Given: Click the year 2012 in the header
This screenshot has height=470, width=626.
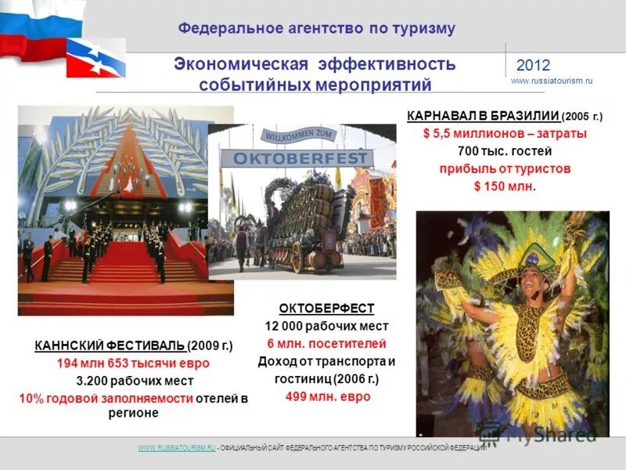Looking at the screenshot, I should [x=534, y=66].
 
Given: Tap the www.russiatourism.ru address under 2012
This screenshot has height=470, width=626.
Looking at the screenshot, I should [x=552, y=81].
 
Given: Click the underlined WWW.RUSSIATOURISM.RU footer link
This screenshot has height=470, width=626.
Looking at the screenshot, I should [x=176, y=447].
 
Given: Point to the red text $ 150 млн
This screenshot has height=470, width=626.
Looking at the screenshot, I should [x=504, y=186].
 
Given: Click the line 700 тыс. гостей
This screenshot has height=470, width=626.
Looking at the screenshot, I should [x=505, y=151].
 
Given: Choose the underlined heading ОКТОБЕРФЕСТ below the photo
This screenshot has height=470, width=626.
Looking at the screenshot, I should [x=326, y=308].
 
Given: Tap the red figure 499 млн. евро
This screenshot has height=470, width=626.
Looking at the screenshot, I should [x=327, y=396].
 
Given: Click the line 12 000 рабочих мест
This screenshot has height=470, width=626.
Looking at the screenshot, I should [x=326, y=326].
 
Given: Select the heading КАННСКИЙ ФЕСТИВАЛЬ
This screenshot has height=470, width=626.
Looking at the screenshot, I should [x=110, y=345].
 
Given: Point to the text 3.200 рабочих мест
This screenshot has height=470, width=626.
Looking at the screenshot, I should [x=133, y=381].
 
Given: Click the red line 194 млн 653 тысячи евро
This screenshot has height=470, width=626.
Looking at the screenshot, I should [x=133, y=363].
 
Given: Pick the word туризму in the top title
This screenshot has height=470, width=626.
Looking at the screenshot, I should [x=423, y=29].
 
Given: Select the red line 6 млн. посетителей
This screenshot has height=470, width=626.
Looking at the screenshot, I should [x=326, y=344].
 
